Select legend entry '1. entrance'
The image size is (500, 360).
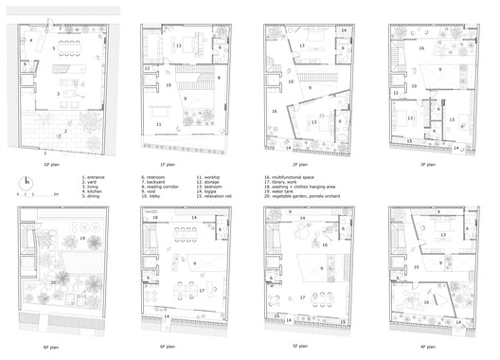point(96,175)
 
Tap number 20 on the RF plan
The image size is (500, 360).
point(54,280)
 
